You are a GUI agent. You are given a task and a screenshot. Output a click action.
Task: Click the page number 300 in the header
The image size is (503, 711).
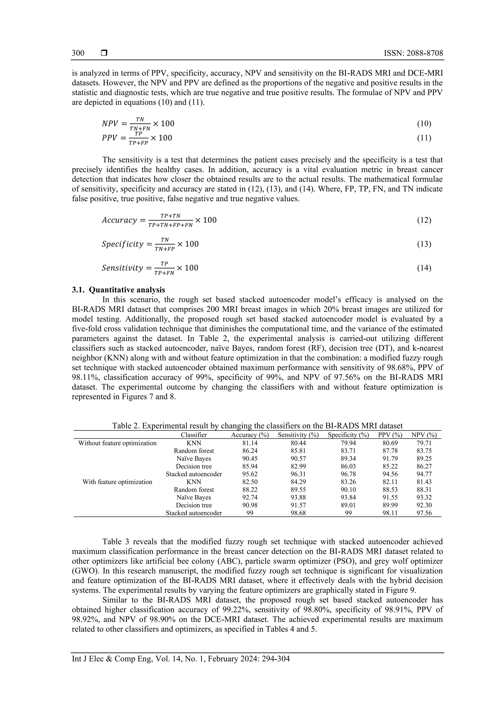click(78, 53)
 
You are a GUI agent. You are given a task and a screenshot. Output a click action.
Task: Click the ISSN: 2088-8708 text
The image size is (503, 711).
click(413, 53)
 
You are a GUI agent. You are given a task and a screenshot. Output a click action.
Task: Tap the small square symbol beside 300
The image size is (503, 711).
click(104, 53)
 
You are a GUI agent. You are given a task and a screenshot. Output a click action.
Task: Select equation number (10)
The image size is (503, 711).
click(424, 124)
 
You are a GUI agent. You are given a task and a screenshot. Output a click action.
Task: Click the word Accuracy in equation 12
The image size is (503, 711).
click(119, 220)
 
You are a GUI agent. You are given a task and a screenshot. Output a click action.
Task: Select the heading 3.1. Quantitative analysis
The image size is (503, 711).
click(118, 290)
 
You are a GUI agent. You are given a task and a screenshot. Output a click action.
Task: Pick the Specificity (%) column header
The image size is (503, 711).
click(348, 435)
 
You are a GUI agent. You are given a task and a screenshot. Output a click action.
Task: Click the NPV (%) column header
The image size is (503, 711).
click(424, 435)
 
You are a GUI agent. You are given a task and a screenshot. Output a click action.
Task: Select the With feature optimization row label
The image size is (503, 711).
click(117, 482)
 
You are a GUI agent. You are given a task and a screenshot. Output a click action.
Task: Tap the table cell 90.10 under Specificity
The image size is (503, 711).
click(348, 490)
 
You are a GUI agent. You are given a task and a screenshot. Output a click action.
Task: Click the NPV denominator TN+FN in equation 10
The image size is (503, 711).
click(140, 128)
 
